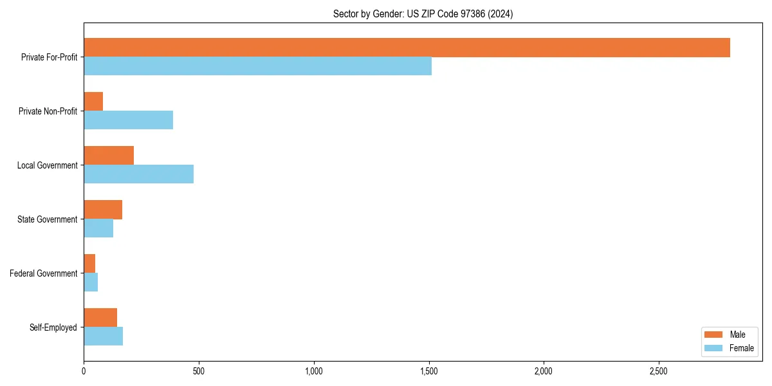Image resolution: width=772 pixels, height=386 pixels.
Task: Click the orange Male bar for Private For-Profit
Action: click(x=407, y=48)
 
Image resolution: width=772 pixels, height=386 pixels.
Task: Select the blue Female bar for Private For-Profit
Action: click(x=257, y=66)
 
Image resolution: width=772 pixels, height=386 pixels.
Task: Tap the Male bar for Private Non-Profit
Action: click(x=93, y=102)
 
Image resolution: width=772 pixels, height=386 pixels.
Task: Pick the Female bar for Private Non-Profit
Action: click(x=128, y=120)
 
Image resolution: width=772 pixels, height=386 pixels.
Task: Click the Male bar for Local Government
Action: click(x=109, y=156)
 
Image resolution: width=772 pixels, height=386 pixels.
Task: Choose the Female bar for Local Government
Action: click(x=138, y=174)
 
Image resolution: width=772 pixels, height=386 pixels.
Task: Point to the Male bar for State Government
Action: click(x=103, y=210)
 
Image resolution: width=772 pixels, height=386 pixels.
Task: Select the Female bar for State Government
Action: click(x=98, y=228)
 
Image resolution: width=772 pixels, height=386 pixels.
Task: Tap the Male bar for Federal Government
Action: click(x=89, y=264)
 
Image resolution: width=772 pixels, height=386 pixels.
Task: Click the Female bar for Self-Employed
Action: click(x=103, y=336)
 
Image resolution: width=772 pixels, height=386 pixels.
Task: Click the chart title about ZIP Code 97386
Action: click(x=423, y=14)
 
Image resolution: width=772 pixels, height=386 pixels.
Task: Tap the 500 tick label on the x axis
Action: click(x=198, y=371)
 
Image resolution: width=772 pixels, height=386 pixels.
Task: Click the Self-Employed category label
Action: click(x=53, y=327)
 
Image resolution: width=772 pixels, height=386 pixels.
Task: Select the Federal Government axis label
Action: click(x=43, y=273)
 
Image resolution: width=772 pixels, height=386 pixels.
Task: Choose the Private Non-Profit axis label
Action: click(x=48, y=111)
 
